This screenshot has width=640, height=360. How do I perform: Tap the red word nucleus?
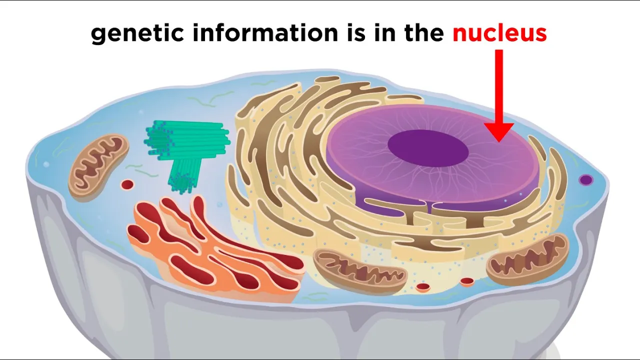coord(499,33)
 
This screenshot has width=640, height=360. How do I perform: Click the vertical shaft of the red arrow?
coord(499,85)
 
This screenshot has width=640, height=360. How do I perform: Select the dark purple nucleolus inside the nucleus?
coord(428,146)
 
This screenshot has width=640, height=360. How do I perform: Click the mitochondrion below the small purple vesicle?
coord(527,258)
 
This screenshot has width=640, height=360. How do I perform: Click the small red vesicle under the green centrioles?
coord(127,185)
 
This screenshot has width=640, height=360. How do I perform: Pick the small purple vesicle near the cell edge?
coord(585,180)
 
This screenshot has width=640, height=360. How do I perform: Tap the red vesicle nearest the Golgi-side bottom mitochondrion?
coord(423,287)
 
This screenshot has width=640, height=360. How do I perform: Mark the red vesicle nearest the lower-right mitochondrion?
coord(467,282)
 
